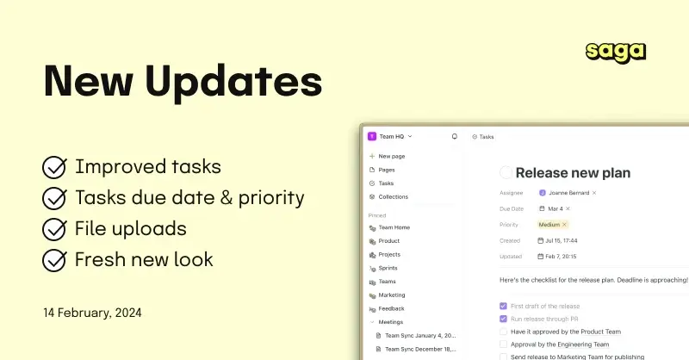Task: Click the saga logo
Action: [616, 52]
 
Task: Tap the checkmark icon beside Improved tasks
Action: [55, 167]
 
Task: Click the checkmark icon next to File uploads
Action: [55, 229]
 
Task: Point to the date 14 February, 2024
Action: [92, 312]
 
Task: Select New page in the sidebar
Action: [391, 156]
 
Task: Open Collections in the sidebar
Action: [393, 196]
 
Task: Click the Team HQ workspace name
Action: [392, 136]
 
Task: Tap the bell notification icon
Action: [455, 136]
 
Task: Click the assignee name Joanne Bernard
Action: [568, 192]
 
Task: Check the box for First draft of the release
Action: [503, 306]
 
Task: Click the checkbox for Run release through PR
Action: [503, 318]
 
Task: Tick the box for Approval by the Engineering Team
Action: [503, 343]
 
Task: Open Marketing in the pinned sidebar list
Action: [391, 295]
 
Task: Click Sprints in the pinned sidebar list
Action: [388, 268]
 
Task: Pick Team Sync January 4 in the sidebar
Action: [421, 335]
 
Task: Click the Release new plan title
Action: [573, 173]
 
